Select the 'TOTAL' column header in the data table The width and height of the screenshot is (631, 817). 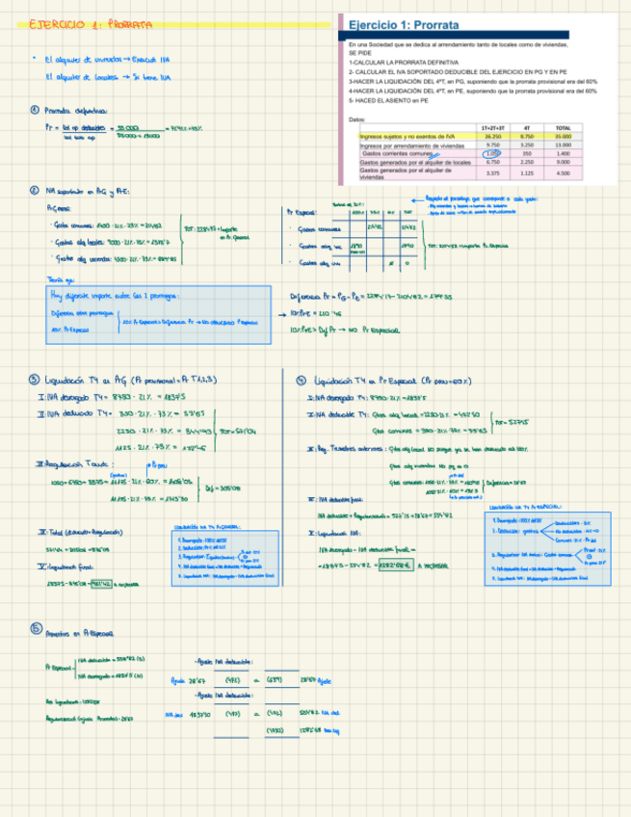click(565, 127)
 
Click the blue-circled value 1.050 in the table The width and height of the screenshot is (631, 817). click(492, 153)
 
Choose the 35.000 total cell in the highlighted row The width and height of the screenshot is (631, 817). click(565, 137)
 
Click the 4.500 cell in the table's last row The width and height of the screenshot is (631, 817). click(565, 173)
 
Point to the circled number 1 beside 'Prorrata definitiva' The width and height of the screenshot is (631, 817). click(35, 110)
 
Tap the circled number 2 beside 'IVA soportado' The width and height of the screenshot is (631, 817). click(35, 191)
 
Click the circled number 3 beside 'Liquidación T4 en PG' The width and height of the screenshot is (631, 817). click(35, 379)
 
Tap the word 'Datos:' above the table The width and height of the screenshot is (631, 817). click(357, 119)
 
